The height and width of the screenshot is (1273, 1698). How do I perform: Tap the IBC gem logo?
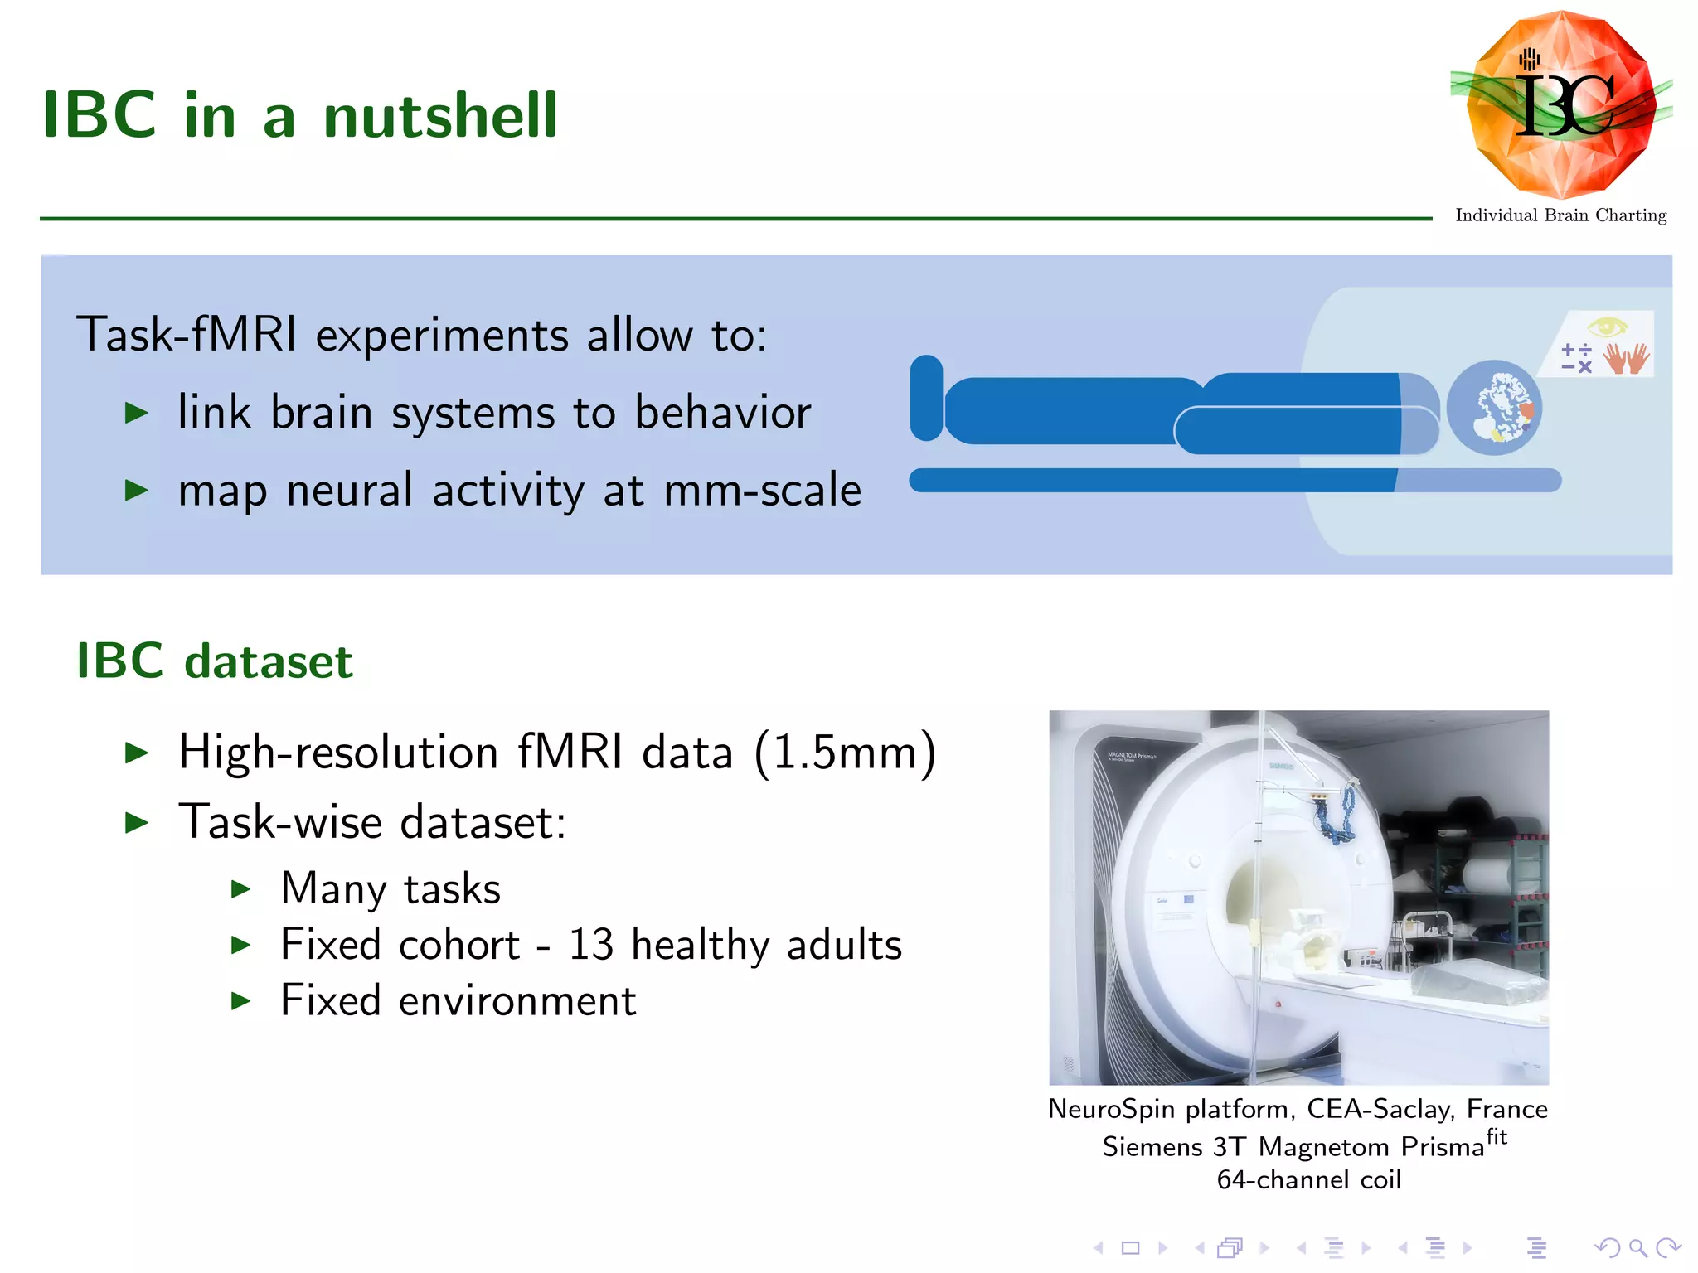pos(1560,104)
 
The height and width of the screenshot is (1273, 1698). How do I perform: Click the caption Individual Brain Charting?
pos(1560,215)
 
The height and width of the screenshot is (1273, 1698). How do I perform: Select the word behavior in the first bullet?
pos(722,412)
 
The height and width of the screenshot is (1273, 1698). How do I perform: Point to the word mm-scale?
pos(763,490)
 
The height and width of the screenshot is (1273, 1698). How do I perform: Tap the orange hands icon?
pos(1626,358)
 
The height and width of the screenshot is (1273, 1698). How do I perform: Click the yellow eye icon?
pos(1608,327)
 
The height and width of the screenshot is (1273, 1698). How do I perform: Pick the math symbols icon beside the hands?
pos(1576,358)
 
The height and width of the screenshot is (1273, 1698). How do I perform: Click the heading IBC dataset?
pos(215,661)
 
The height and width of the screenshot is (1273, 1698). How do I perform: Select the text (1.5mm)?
pos(845,753)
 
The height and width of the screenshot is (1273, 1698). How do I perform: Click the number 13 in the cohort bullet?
pos(590,945)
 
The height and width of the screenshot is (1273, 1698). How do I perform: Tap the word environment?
pos(517,1000)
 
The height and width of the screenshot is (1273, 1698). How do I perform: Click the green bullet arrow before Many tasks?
pos(240,889)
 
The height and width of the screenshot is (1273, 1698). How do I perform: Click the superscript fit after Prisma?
pos(1496,1136)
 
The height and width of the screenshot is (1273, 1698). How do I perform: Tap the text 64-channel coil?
pos(1308,1179)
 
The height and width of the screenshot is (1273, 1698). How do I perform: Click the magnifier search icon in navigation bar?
pos(1637,1247)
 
